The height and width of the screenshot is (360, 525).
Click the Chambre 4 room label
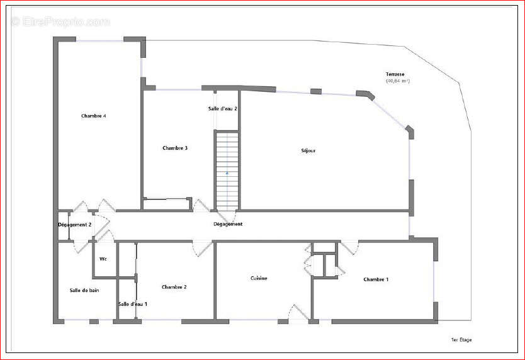tap(93, 116)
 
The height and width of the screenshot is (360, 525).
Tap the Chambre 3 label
tap(175, 149)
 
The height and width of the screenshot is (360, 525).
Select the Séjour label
tap(308, 151)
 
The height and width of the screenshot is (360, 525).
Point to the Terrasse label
tap(395, 74)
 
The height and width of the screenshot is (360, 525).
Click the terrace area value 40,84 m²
tap(398, 81)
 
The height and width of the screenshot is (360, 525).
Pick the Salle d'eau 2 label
tap(222, 109)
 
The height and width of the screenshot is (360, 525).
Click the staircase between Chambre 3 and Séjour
tap(227, 170)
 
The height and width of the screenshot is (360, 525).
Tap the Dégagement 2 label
tap(75, 225)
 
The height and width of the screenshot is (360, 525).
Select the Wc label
tap(103, 259)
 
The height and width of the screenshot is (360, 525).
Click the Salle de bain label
tap(84, 290)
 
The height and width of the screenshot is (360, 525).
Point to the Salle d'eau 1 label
tap(132, 304)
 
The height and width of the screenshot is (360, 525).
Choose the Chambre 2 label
tap(174, 287)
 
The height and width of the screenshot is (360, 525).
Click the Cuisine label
tap(259, 278)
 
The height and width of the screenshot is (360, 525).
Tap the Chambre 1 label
tap(376, 279)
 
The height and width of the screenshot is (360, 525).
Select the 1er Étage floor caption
tap(461, 340)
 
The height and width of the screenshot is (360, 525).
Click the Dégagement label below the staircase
tap(228, 224)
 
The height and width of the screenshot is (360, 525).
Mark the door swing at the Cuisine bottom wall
tap(296, 313)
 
